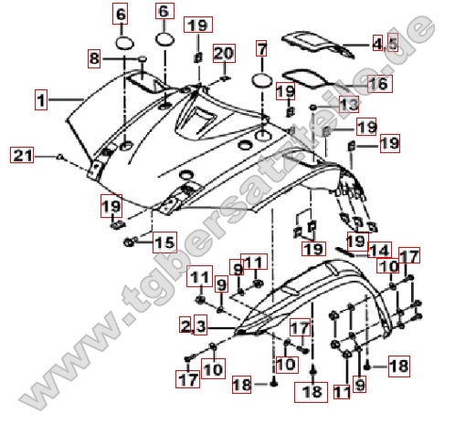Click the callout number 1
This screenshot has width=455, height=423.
tap(41, 99)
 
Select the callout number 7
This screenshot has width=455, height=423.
tap(261, 48)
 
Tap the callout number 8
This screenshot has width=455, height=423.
tap(94, 58)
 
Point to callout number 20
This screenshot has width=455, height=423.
tap(224, 54)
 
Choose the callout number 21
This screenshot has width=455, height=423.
tap(22, 155)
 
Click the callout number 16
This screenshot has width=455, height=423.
tap(379, 84)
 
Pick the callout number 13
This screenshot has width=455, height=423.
tap(349, 104)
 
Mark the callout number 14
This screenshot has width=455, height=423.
tap(379, 250)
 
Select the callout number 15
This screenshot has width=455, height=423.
tap(164, 242)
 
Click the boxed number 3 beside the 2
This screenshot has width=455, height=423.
tap(201, 326)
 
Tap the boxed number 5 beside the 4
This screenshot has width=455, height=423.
tap(393, 44)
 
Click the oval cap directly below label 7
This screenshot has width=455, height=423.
tap(261, 80)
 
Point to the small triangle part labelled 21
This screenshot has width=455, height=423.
tap(60, 157)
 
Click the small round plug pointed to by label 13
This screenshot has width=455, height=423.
tap(312, 108)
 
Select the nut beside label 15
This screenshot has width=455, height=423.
tap(129, 242)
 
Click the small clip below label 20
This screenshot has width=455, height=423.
tap(225, 78)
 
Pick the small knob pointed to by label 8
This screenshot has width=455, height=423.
tap(143, 58)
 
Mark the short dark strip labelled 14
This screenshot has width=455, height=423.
tap(344, 252)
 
